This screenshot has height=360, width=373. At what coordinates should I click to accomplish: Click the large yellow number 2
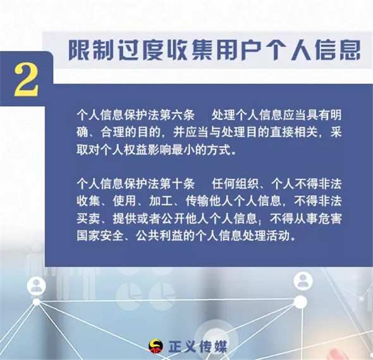(26, 80)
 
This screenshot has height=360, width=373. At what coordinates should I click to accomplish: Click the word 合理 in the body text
(111, 132)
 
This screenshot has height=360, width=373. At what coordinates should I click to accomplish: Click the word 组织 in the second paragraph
(247, 184)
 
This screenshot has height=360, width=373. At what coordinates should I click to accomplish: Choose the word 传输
(197, 201)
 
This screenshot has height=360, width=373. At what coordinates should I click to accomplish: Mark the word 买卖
(88, 219)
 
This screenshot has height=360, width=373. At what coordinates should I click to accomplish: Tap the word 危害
(330, 219)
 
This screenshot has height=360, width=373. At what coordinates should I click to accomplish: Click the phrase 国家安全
(100, 236)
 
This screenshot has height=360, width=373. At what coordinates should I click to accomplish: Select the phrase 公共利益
(159, 236)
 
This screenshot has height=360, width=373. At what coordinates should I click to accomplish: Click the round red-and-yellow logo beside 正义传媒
(156, 346)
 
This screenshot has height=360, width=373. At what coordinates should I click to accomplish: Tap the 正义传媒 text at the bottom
(197, 347)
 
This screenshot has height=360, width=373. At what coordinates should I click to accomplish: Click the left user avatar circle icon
(36, 285)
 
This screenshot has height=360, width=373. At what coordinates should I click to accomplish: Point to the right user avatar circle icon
(303, 280)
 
